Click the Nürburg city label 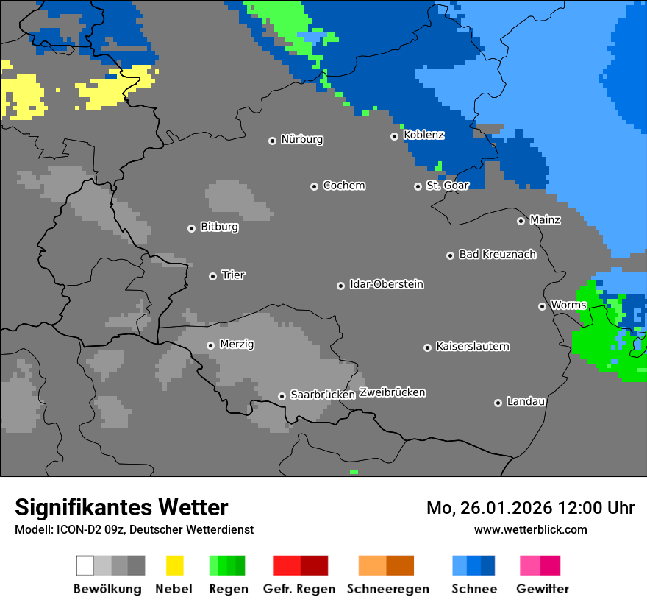click(301, 140)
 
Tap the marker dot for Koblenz click(394, 136)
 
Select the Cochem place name click(343, 186)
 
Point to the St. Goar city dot click(418, 186)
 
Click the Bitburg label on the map click(219, 227)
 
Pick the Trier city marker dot click(212, 276)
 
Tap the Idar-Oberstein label click(386, 285)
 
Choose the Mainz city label click(545, 220)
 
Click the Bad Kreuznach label click(497, 255)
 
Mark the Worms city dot click(542, 306)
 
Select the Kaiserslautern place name click(472, 347)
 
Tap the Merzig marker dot click(210, 345)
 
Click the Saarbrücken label click(322, 395)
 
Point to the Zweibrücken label click(392, 393)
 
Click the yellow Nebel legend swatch click(174, 565)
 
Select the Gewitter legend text click(542, 589)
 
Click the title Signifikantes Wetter click(121, 507)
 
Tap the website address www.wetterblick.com click(530, 529)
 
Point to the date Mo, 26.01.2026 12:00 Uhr click(530, 508)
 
